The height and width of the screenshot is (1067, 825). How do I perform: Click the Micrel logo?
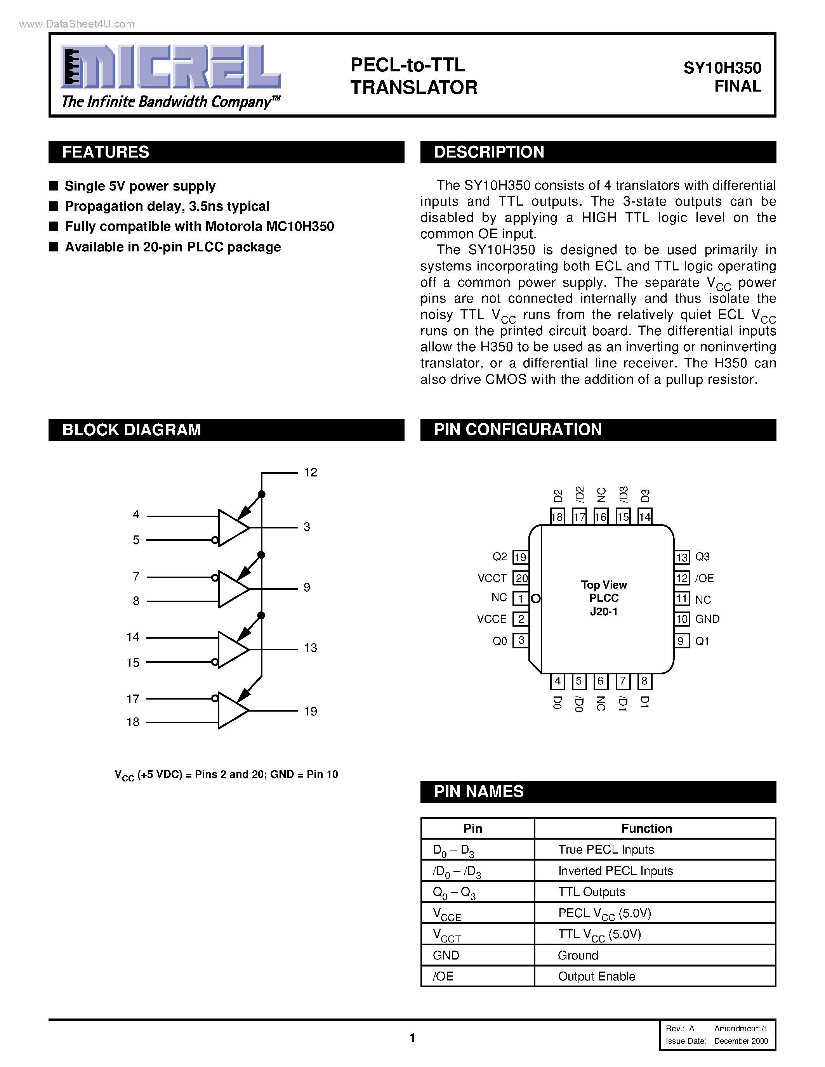point(170,67)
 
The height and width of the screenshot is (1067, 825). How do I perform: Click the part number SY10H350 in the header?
point(722,68)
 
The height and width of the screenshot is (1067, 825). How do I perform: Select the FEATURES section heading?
point(106,152)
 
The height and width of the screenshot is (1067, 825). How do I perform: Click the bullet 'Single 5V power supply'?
point(140,186)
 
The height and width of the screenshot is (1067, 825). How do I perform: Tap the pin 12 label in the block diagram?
point(310,473)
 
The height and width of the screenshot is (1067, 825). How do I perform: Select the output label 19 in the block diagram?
point(310,711)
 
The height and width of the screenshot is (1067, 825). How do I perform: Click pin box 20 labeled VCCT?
point(521,579)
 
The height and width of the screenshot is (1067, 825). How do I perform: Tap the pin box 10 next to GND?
point(682,619)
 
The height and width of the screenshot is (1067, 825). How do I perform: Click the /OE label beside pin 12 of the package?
point(704,579)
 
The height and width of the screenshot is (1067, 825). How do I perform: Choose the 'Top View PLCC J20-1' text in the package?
point(604,598)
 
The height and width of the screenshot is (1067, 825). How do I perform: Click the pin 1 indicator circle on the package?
point(536,598)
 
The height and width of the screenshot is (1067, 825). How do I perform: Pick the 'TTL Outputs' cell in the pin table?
point(591,892)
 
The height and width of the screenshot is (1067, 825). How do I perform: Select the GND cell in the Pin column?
point(446,955)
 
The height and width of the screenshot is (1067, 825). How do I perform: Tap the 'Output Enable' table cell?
point(596,976)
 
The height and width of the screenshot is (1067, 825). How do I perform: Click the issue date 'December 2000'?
point(741,1041)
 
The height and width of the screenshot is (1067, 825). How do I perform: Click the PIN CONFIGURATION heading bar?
point(518,430)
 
